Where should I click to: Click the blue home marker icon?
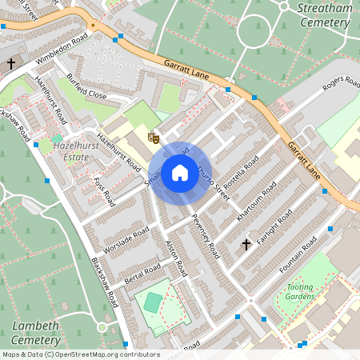click(180, 173)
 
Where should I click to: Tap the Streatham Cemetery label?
click(323, 15)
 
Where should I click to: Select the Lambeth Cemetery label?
click(36, 333)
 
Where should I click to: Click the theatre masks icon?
click(156, 138)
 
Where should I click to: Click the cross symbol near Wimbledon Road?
click(11, 63)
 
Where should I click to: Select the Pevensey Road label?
click(206, 235)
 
